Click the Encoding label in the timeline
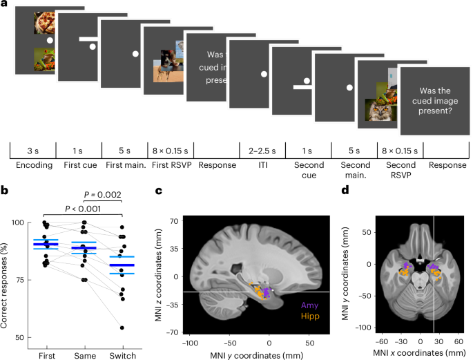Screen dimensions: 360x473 (x=32, y=166)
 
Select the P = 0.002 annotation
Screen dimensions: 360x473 (x=102, y=196)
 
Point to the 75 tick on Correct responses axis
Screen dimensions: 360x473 (x=23, y=280)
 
